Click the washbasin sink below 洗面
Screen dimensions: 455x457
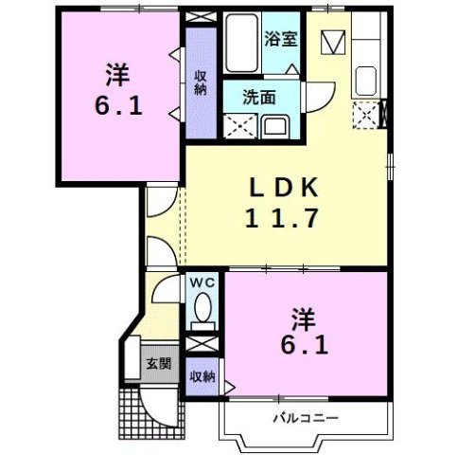point(277,125)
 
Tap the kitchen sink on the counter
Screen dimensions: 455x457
point(366,81)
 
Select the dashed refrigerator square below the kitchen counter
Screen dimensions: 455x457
point(364,116)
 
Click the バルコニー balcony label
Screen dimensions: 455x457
point(305,416)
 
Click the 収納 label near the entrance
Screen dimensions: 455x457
point(201,376)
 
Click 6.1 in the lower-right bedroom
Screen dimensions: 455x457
point(305,346)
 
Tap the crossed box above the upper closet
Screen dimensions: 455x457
point(200,16)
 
